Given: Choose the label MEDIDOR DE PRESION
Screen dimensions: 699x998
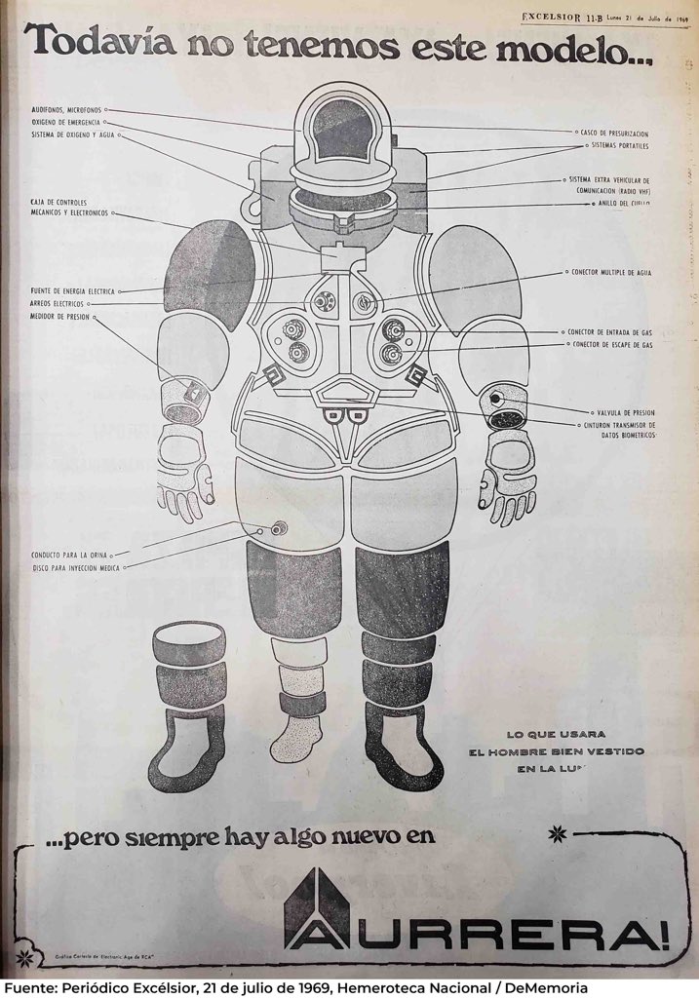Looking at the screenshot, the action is tap(59, 316).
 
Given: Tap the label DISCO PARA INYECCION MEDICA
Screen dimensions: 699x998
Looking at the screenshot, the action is tap(76, 565).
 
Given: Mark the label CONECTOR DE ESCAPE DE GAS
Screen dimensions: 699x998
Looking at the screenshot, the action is tap(611, 345).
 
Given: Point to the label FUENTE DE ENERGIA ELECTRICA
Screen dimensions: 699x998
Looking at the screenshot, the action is tap(73, 291).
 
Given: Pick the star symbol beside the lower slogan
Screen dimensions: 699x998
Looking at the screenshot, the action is tap(558, 833).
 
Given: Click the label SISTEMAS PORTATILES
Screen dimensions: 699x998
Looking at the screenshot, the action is tap(619, 145).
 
